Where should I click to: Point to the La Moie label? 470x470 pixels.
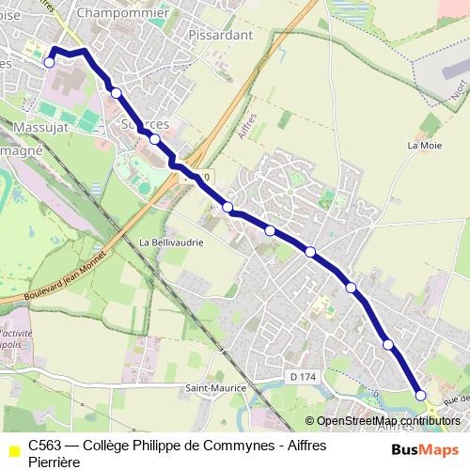(x=424, y=146)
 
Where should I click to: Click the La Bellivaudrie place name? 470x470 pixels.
(x=170, y=242)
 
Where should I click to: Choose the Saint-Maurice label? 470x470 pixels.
(x=215, y=387)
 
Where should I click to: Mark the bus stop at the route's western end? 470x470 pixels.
(x=49, y=62)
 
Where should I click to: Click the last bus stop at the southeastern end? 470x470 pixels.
(x=420, y=396)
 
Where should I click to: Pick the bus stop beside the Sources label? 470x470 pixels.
(x=154, y=139)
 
